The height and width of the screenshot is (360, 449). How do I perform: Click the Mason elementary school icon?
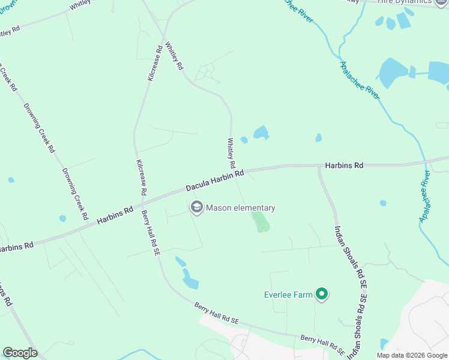(196, 208)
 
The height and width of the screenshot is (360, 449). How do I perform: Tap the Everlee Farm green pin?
(322, 294)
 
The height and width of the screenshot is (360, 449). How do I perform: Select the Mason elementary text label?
(241, 208)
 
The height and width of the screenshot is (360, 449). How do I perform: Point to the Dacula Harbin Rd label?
(214, 180)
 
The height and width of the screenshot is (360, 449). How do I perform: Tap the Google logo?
(20, 353)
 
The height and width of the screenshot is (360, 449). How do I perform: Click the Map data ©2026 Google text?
(411, 355)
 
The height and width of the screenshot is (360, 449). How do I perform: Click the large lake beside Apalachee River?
(393, 73)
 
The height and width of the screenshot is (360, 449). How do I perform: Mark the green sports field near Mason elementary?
(260, 221)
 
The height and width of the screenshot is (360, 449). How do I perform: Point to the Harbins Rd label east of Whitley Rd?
(344, 164)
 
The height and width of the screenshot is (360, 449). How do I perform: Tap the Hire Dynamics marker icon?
(443, 2)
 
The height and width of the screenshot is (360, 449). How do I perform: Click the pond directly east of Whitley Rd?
(261, 132)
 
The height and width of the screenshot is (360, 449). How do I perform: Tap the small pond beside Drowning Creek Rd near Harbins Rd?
(62, 218)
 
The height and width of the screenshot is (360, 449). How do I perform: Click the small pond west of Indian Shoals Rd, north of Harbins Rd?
(318, 138)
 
